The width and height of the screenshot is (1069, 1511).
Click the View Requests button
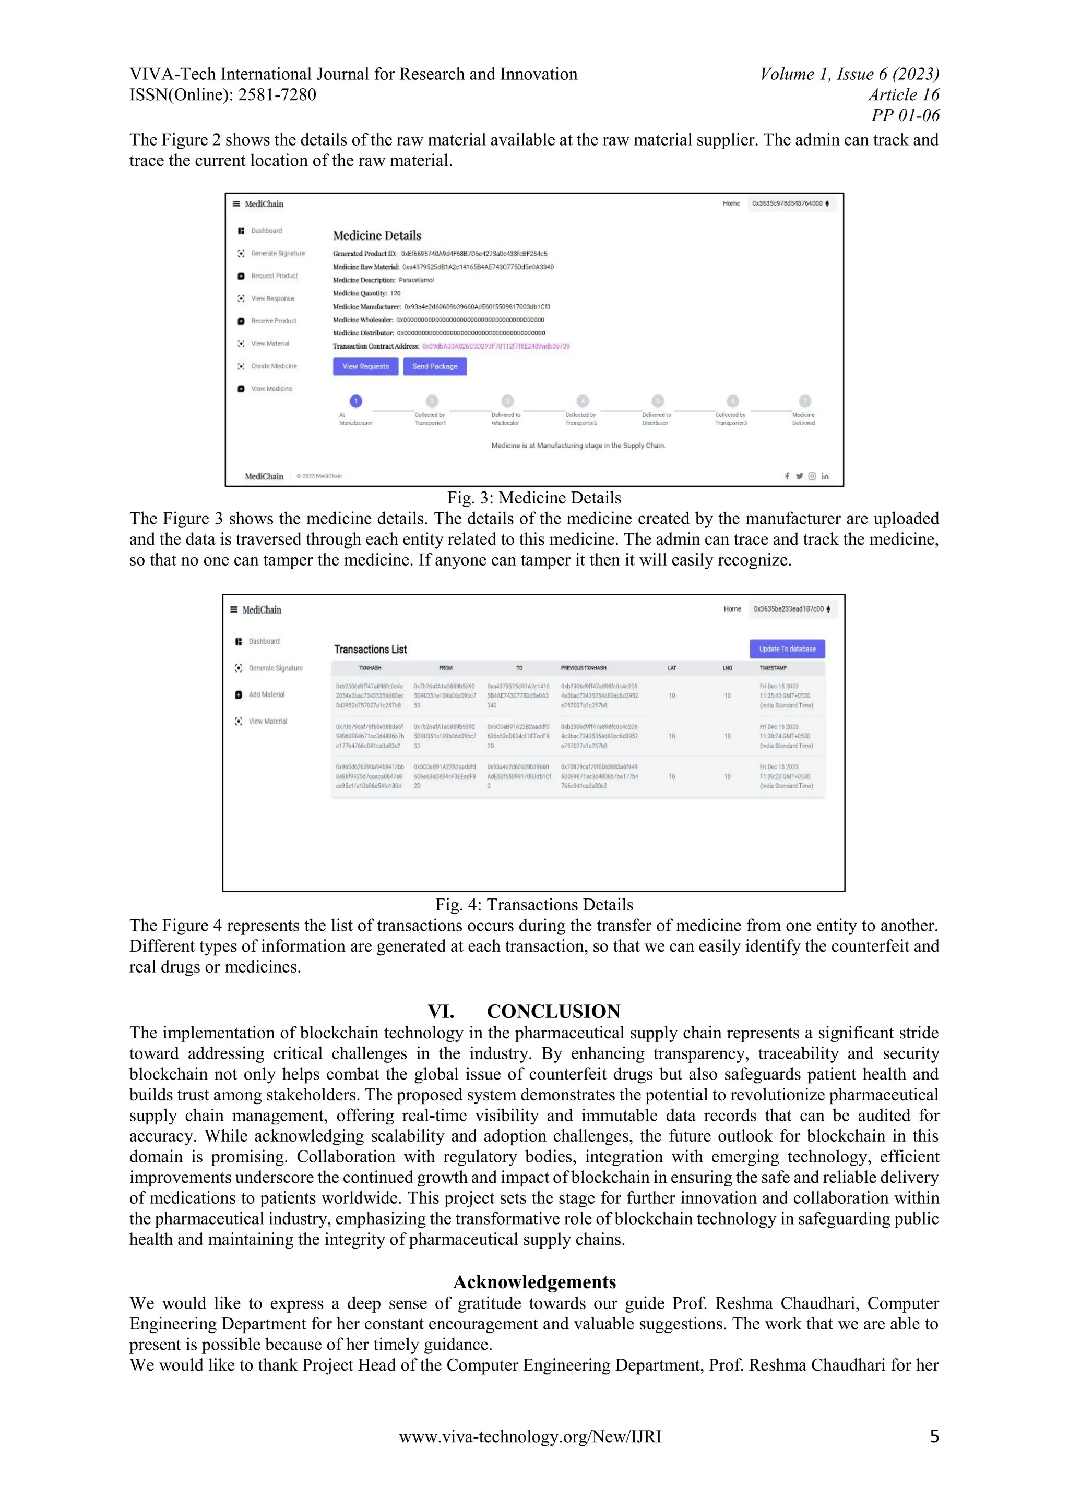365,367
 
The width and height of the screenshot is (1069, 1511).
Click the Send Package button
434,367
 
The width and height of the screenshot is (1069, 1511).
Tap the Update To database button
787,649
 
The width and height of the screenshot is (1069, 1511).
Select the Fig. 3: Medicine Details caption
534,498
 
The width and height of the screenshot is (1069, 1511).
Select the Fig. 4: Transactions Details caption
534,905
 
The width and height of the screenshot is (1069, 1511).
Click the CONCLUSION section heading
553,1012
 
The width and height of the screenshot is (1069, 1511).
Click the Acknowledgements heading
534,1282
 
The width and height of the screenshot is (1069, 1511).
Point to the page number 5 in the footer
933,1436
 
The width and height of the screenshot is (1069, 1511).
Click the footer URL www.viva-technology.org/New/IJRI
530,1436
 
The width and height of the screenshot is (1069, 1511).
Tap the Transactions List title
370,650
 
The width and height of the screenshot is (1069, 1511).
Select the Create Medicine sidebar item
273,366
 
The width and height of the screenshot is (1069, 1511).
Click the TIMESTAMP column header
773,668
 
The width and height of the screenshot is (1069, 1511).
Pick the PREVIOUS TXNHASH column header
583,668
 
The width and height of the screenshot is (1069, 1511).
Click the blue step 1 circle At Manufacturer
355,401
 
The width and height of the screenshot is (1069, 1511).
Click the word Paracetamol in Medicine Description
416,280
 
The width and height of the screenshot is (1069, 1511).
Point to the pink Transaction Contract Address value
496,346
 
